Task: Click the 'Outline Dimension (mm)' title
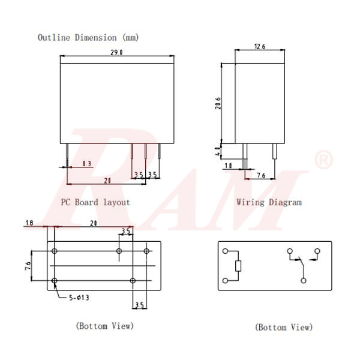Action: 88,37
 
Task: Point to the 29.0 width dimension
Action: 117,53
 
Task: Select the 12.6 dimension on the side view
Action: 260,46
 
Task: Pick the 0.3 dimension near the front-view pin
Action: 87,163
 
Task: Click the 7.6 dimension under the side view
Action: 261,175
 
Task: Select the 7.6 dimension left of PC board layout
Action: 28,266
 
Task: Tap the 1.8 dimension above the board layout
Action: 29,223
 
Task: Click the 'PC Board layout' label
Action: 95,202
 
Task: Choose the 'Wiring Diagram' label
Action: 269,202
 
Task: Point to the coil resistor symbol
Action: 238,266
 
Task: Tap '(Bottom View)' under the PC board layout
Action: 104,326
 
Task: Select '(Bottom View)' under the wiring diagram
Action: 284,327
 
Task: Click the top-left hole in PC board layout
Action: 55,251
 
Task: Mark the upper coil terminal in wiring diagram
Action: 225,251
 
